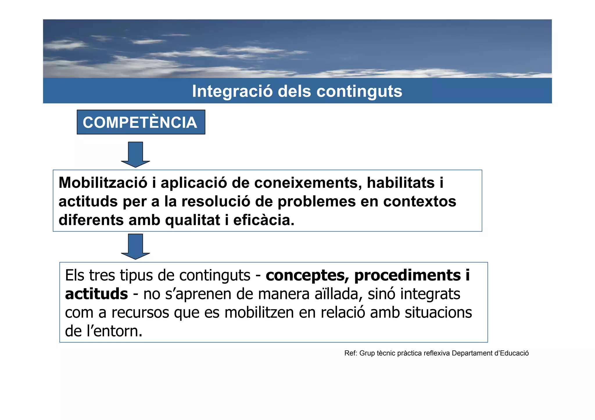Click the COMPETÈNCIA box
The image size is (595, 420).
[x=141, y=122]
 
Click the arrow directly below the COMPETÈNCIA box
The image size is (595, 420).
[x=135, y=155]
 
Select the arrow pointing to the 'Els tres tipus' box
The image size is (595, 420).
[x=135, y=246]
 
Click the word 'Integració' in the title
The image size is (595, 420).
[x=232, y=91]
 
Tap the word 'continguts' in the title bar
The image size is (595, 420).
[x=359, y=91]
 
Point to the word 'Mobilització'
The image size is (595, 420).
[x=103, y=183]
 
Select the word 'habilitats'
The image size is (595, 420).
[x=401, y=183]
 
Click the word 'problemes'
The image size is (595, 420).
[x=317, y=201]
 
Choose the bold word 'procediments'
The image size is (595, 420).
[x=407, y=275]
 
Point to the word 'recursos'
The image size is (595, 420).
[x=140, y=313]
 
